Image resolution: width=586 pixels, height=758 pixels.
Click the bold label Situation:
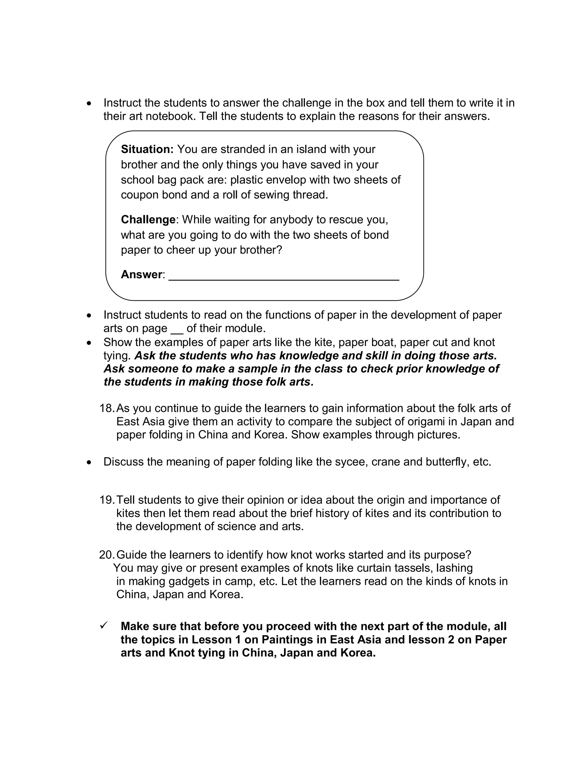tap(147, 149)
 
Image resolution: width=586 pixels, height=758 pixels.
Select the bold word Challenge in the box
tap(148, 219)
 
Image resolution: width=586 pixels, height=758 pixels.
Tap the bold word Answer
tap(141, 274)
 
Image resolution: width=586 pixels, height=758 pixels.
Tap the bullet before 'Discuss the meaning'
tap(90, 462)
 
